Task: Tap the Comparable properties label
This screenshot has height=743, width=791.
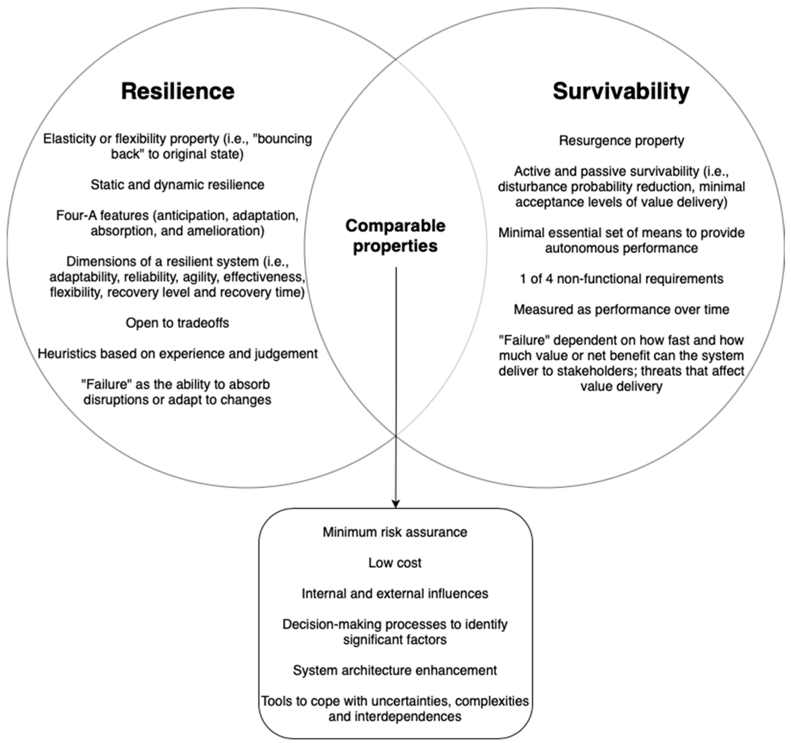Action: [395, 236]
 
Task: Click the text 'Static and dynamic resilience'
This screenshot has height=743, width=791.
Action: [177, 185]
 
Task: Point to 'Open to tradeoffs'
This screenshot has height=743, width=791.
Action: [177, 322]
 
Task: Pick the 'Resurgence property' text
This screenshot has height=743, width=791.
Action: [621, 141]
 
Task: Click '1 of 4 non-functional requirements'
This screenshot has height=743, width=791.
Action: [621, 278]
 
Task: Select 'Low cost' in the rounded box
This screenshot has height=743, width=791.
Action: [395, 562]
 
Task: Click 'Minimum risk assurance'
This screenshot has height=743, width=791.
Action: [395, 532]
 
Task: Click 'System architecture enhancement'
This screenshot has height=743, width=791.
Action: [395, 670]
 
